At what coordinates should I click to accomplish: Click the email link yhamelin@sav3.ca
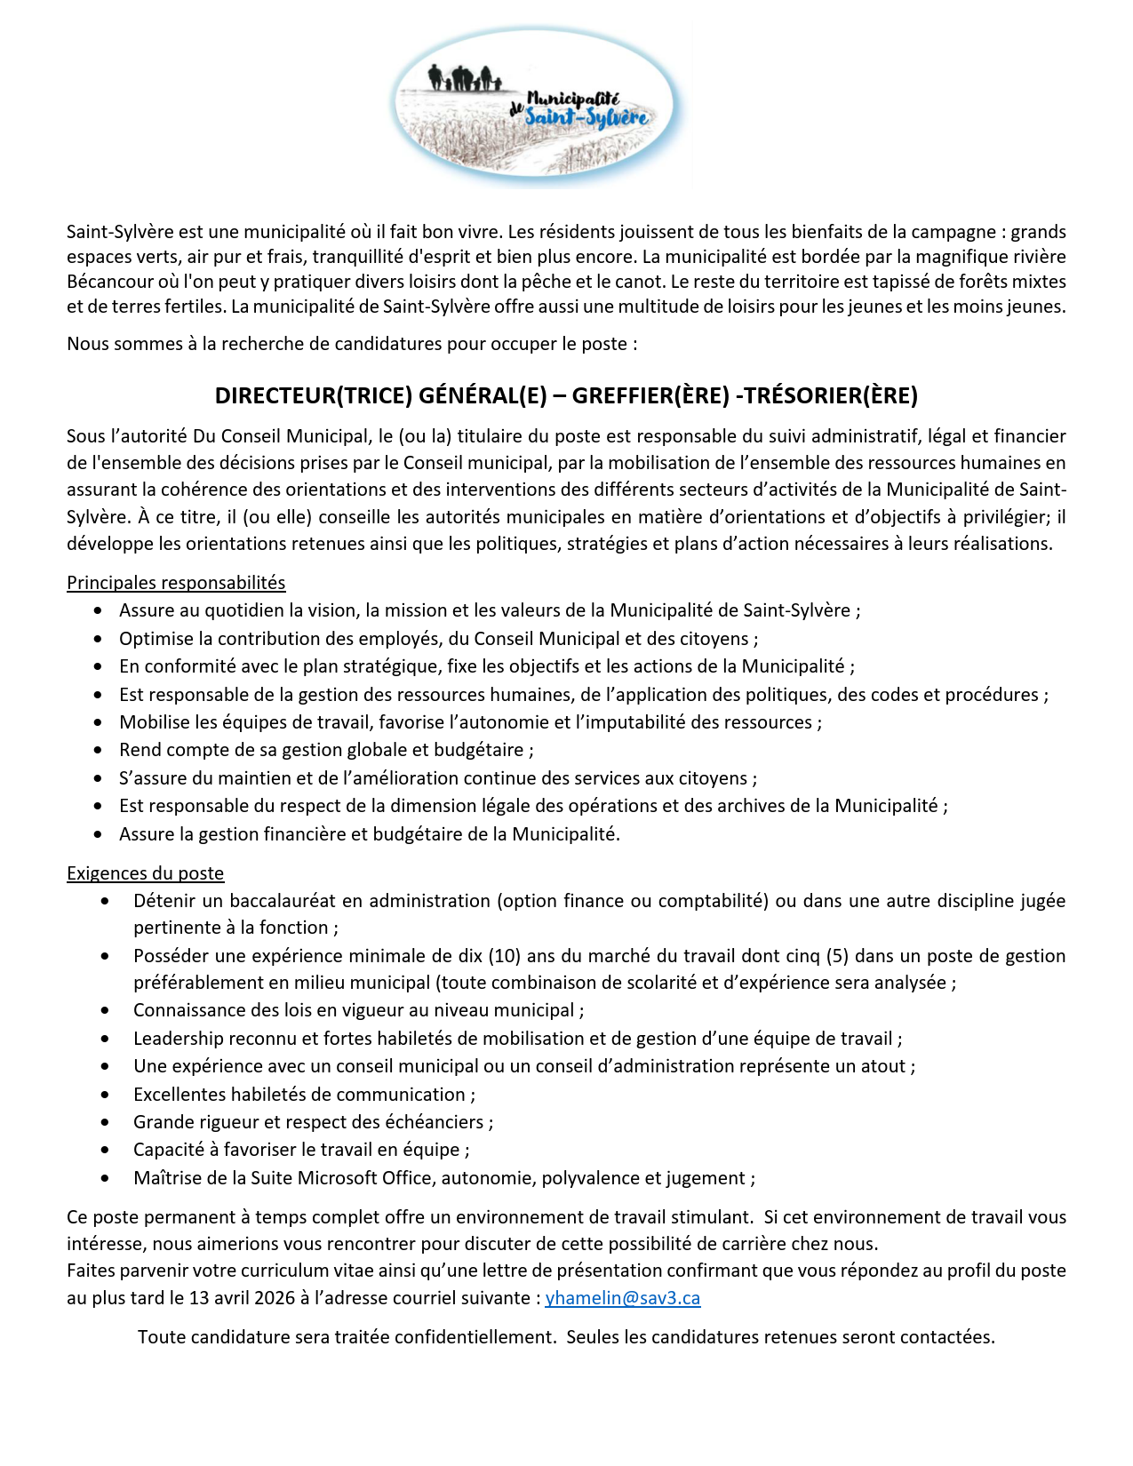tap(622, 1297)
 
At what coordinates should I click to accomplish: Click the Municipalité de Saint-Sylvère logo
tap(537, 107)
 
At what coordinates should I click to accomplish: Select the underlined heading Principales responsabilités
tap(176, 583)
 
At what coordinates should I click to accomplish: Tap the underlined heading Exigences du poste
tap(145, 873)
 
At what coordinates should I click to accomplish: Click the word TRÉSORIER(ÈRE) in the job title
tap(830, 395)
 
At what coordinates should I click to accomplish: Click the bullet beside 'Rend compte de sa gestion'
tap(99, 751)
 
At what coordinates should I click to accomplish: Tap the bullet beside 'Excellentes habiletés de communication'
tap(106, 1095)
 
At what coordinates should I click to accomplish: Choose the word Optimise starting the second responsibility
tap(156, 639)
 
